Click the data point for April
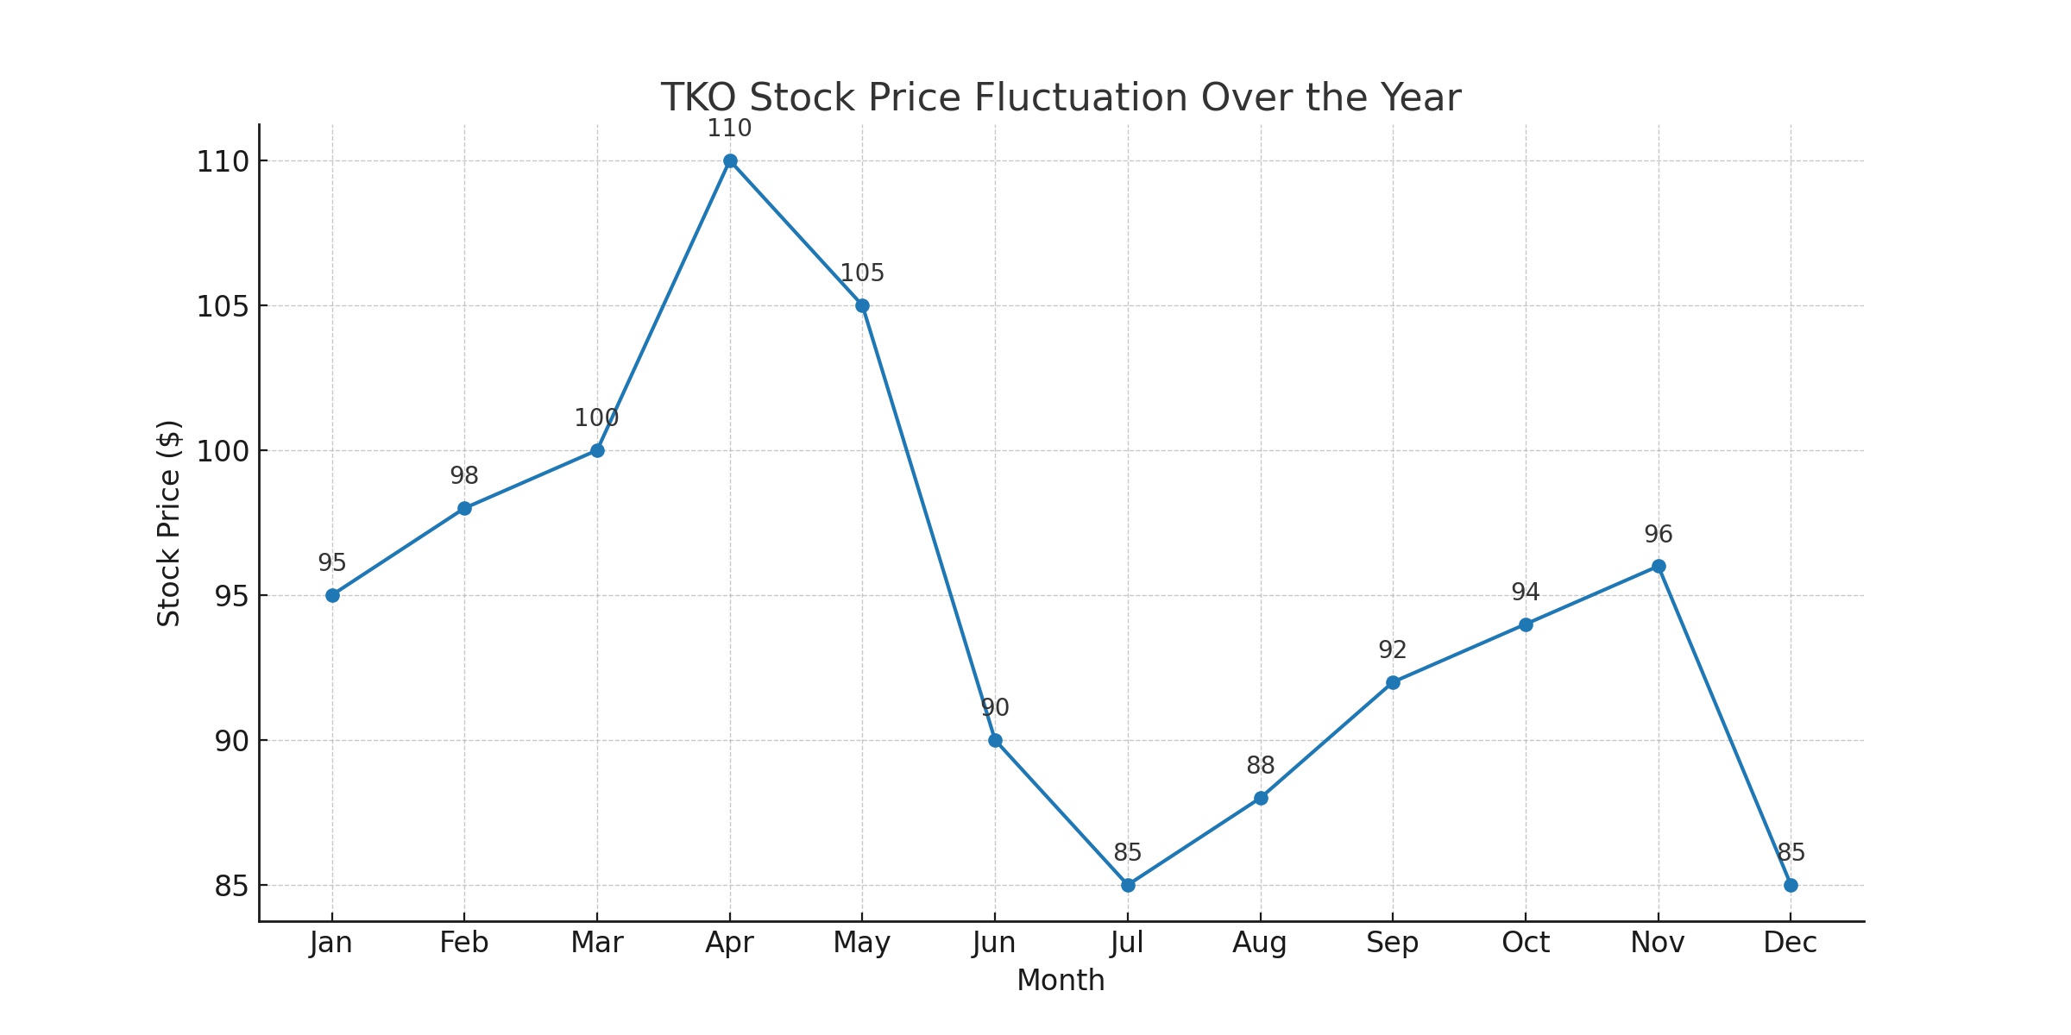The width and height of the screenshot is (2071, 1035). coord(730,160)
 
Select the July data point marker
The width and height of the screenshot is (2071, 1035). coord(1128,885)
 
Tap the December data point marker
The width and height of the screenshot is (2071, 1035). coord(1791,885)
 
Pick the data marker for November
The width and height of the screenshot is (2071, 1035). coord(1659,566)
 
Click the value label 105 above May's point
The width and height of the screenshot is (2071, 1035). coord(862,273)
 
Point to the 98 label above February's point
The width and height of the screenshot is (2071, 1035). coord(464,476)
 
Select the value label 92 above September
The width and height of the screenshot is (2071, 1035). coord(1393,650)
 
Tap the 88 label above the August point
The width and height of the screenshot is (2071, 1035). coord(1261,766)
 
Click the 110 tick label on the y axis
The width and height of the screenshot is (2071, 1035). coord(223,162)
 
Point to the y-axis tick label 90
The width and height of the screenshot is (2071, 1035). coord(231,742)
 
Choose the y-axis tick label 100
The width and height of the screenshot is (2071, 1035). coord(223,452)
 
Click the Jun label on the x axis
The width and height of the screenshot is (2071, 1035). coord(994,943)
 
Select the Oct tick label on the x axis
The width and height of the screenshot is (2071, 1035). coord(1526,943)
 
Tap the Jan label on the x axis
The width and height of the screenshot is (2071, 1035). coord(331,943)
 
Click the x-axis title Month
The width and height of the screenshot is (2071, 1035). coord(1061,981)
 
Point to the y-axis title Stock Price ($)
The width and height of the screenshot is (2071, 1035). coord(169,524)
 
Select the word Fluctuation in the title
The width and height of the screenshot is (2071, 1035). coord(1081,97)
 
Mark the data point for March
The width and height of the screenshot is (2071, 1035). coord(597,450)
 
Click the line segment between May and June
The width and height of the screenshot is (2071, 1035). coord(928,523)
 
